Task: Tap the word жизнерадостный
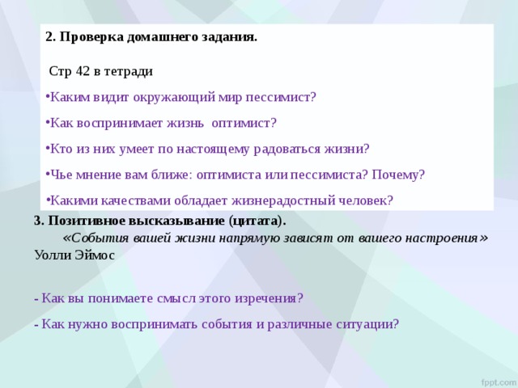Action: pos(267,200)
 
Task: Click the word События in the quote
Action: pos(99,238)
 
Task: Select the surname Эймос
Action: pos(95,255)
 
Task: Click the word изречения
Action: pos(265,297)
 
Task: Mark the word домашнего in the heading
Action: pos(160,37)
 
